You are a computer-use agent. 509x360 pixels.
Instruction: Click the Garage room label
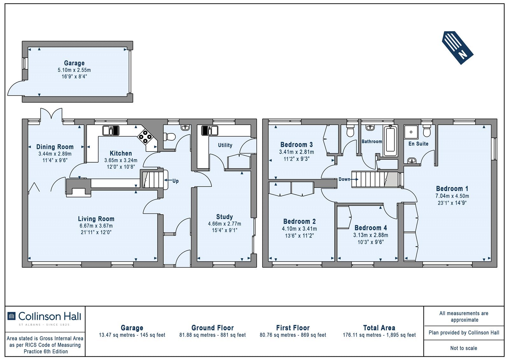74,63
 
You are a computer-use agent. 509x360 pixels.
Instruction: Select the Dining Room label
55,147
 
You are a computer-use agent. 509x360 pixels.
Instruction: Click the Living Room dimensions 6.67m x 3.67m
96,226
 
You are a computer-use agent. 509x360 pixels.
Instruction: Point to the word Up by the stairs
175,181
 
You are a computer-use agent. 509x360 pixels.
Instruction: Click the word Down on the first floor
345,179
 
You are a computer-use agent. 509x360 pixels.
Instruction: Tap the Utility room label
225,145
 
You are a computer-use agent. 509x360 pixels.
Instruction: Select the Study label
225,217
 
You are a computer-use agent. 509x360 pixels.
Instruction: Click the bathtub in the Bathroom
390,141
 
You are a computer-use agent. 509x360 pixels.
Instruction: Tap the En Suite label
418,144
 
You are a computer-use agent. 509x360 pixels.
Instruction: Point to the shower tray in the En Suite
411,132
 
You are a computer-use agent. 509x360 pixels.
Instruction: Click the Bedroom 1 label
452,188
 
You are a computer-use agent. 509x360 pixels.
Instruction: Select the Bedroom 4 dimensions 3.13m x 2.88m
371,235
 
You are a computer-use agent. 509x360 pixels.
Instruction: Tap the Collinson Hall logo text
50,316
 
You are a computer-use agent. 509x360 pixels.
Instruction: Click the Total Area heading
379,328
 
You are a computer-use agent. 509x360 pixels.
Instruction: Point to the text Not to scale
464,348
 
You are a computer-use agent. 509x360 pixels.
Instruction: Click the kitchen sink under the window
111,131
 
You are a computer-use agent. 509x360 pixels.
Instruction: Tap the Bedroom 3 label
296,145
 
